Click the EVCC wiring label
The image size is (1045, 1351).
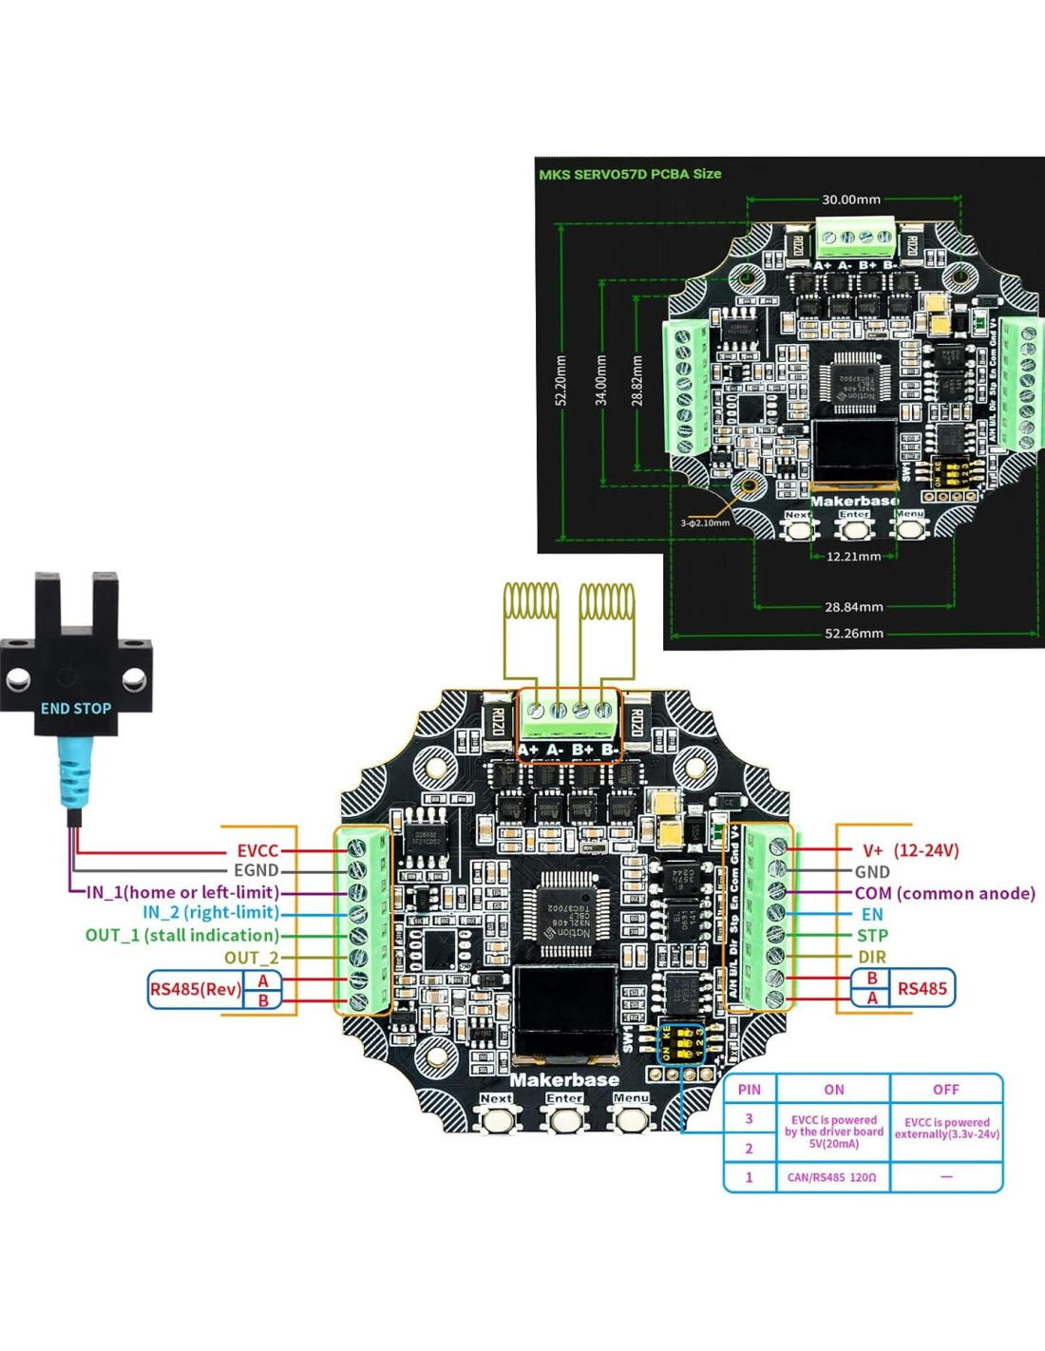[257, 850]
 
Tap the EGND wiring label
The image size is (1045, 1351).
[256, 870]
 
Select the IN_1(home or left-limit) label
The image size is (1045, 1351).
[182, 892]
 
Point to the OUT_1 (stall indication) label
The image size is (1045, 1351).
[182, 935]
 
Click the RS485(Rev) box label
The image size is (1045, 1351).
[195, 989]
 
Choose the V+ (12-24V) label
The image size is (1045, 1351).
[910, 850]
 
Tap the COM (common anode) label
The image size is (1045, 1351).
[944, 893]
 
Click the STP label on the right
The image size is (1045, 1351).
[871, 936]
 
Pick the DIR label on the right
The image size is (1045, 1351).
[871, 957]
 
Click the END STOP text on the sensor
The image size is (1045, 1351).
[76, 708]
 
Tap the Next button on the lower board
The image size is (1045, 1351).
[496, 1116]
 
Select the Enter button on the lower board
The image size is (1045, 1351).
[564, 1116]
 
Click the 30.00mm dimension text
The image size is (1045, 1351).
[851, 200]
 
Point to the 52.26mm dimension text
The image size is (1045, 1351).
[853, 633]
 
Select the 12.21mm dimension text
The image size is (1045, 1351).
[852, 557]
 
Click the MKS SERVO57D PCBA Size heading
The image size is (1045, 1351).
[630, 174]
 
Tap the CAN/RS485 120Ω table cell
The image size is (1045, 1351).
[832, 1177]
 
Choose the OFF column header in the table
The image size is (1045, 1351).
[945, 1090]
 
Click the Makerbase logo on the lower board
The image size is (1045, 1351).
[564, 1080]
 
